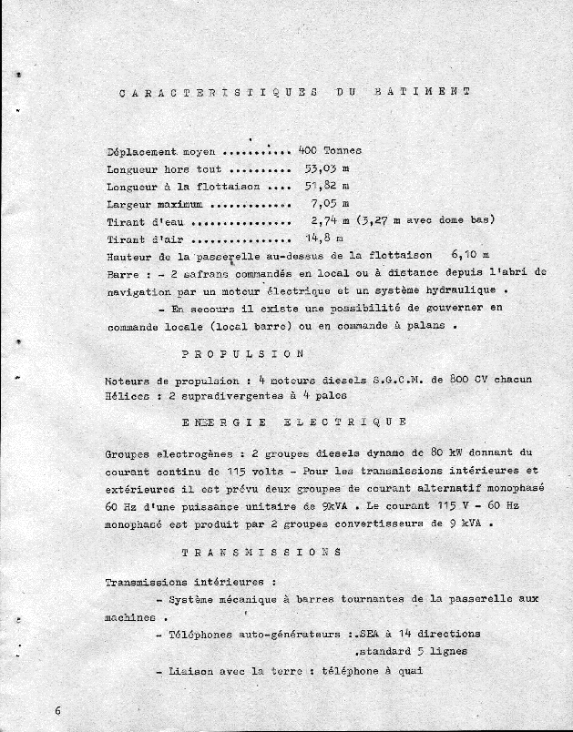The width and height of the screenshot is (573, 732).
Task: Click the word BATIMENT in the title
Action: coord(422,92)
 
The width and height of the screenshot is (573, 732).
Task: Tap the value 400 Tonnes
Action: coord(330,150)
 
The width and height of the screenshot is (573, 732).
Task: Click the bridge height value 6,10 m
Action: coord(470,255)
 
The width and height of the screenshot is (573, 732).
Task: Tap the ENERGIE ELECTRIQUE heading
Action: coord(293,422)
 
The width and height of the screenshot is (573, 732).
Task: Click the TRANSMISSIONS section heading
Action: coord(261,552)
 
